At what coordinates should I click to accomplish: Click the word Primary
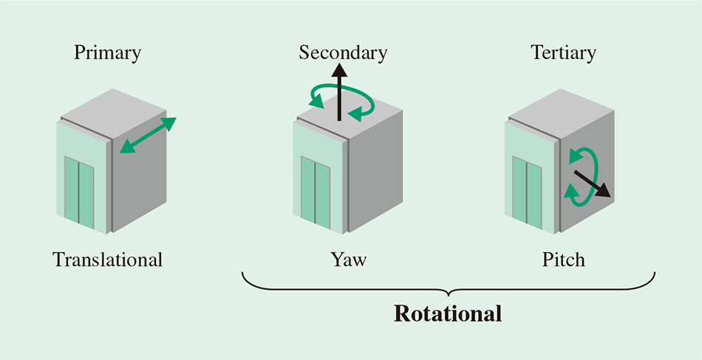point(107,53)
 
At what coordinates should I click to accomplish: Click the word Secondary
point(342,53)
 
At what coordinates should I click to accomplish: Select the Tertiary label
point(563,53)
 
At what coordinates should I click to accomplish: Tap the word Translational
point(107,260)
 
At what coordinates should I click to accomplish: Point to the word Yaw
point(348,260)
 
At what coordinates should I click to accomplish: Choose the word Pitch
point(563,260)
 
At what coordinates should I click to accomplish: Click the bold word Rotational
point(448,313)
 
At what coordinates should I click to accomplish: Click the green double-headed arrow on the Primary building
point(148,135)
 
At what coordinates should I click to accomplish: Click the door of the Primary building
point(78,190)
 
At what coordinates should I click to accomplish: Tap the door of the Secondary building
point(315,190)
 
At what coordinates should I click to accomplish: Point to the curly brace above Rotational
point(448,284)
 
